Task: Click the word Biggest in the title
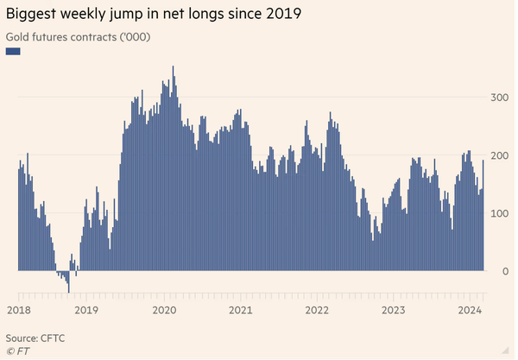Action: tap(32, 15)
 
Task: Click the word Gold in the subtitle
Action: tap(18, 37)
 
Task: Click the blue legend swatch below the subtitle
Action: tap(13, 52)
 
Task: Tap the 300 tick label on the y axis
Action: tap(498, 98)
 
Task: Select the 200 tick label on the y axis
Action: tap(498, 155)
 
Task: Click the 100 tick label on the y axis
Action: tap(498, 213)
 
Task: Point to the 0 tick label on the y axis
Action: tap(504, 271)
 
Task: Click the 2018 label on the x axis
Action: tap(19, 310)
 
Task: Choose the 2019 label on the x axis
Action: tap(86, 310)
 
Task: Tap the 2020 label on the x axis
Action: tap(165, 310)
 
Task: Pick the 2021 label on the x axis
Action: tap(241, 310)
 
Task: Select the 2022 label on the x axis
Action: tap(318, 310)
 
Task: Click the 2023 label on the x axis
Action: tap(394, 310)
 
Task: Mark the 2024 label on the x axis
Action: tap(470, 310)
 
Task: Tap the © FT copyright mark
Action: tap(17, 351)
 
